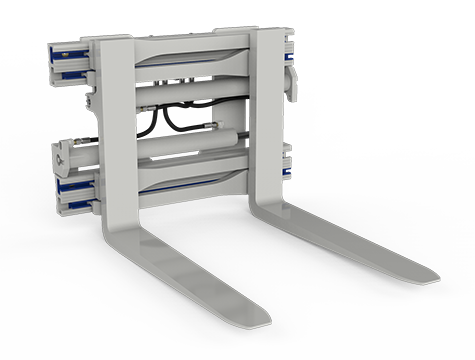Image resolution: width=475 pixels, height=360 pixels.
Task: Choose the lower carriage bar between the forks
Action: pyautogui.click(x=190, y=180)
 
